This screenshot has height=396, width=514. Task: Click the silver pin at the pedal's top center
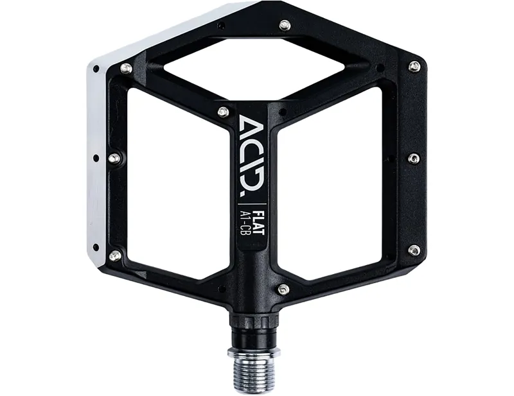click(284, 25)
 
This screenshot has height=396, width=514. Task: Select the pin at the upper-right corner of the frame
click(414, 66)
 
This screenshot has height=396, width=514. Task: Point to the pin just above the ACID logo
click(223, 112)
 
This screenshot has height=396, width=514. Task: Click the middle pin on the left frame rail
click(114, 158)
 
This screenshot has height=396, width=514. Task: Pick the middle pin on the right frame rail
click(414, 158)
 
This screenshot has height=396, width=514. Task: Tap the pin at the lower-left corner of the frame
click(115, 255)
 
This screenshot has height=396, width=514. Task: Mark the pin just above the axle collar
click(283, 289)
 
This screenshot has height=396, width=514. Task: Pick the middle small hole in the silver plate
click(96, 157)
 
